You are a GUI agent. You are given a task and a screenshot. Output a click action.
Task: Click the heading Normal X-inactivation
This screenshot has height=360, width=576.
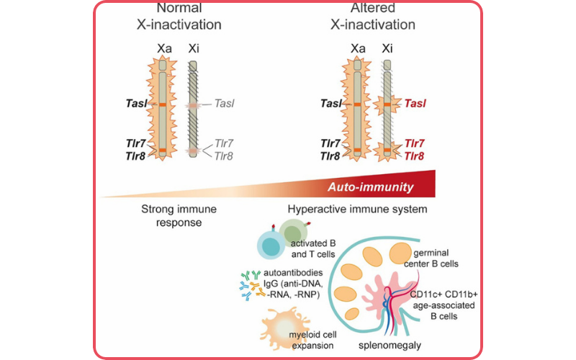click(178, 17)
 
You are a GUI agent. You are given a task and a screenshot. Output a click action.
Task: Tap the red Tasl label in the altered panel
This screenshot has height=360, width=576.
click(415, 104)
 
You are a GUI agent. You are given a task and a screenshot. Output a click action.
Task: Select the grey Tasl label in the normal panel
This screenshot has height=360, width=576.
click(224, 104)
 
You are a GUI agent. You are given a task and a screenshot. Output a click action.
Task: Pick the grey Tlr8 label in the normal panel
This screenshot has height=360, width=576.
click(224, 156)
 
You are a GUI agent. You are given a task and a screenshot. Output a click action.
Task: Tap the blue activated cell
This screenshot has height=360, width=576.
click(271, 246)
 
